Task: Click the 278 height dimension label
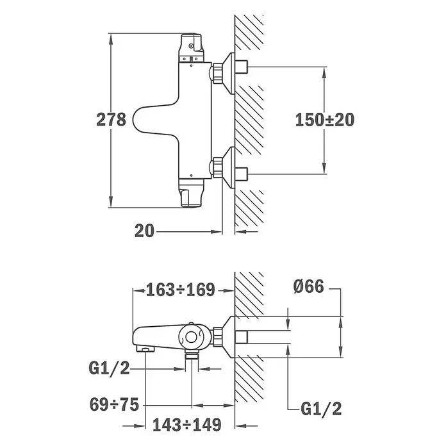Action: click(x=111, y=120)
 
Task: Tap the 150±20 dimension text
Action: click(x=325, y=120)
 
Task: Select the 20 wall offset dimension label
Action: click(x=144, y=231)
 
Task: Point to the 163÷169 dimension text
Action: click(x=181, y=290)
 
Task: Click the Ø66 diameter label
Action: click(x=309, y=286)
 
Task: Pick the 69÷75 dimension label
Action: click(x=114, y=404)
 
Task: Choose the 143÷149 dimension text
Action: click(x=187, y=425)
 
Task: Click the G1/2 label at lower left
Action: click(x=110, y=368)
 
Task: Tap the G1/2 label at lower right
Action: click(x=321, y=409)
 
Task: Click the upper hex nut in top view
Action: click(x=218, y=73)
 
